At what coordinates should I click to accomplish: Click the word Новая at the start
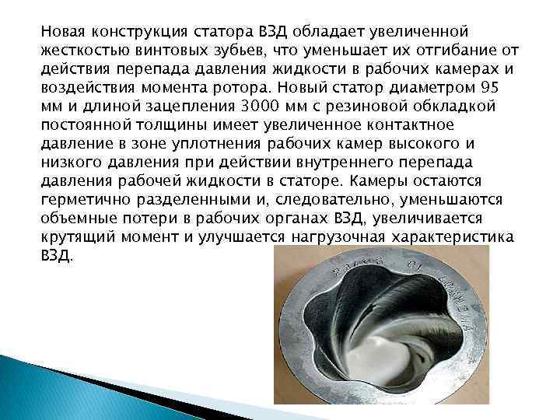[x=64, y=33]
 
